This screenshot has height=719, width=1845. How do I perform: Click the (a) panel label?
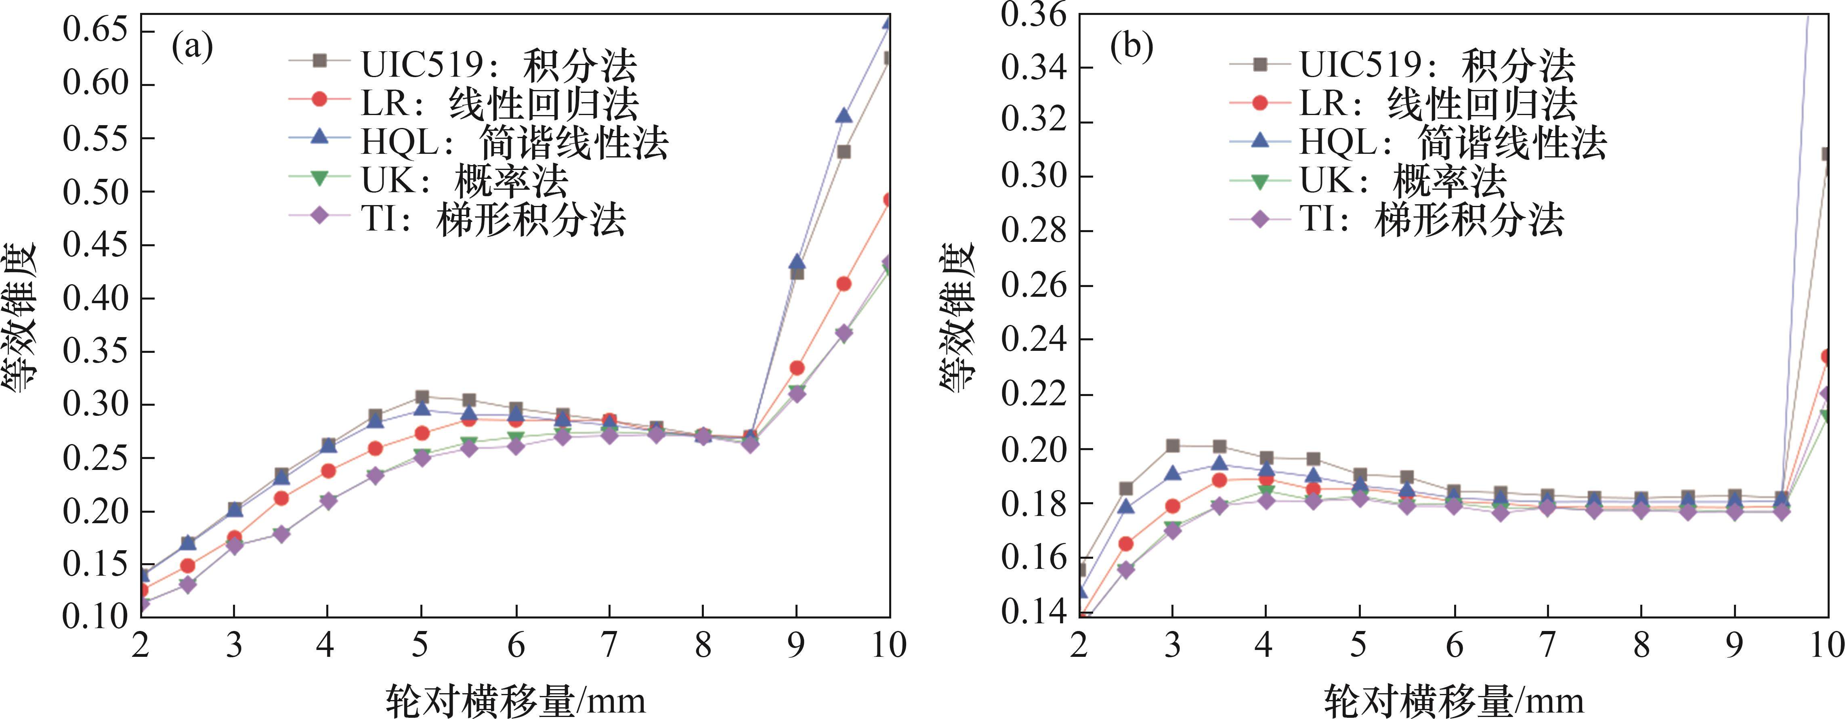192,48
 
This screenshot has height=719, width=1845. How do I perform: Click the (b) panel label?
1131,48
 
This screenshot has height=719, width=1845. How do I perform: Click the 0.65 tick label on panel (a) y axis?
95,31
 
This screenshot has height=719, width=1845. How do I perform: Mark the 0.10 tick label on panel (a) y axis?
95,616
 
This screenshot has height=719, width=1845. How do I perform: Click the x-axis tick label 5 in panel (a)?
420,645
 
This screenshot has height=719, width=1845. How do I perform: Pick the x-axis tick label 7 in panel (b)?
1548,645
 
